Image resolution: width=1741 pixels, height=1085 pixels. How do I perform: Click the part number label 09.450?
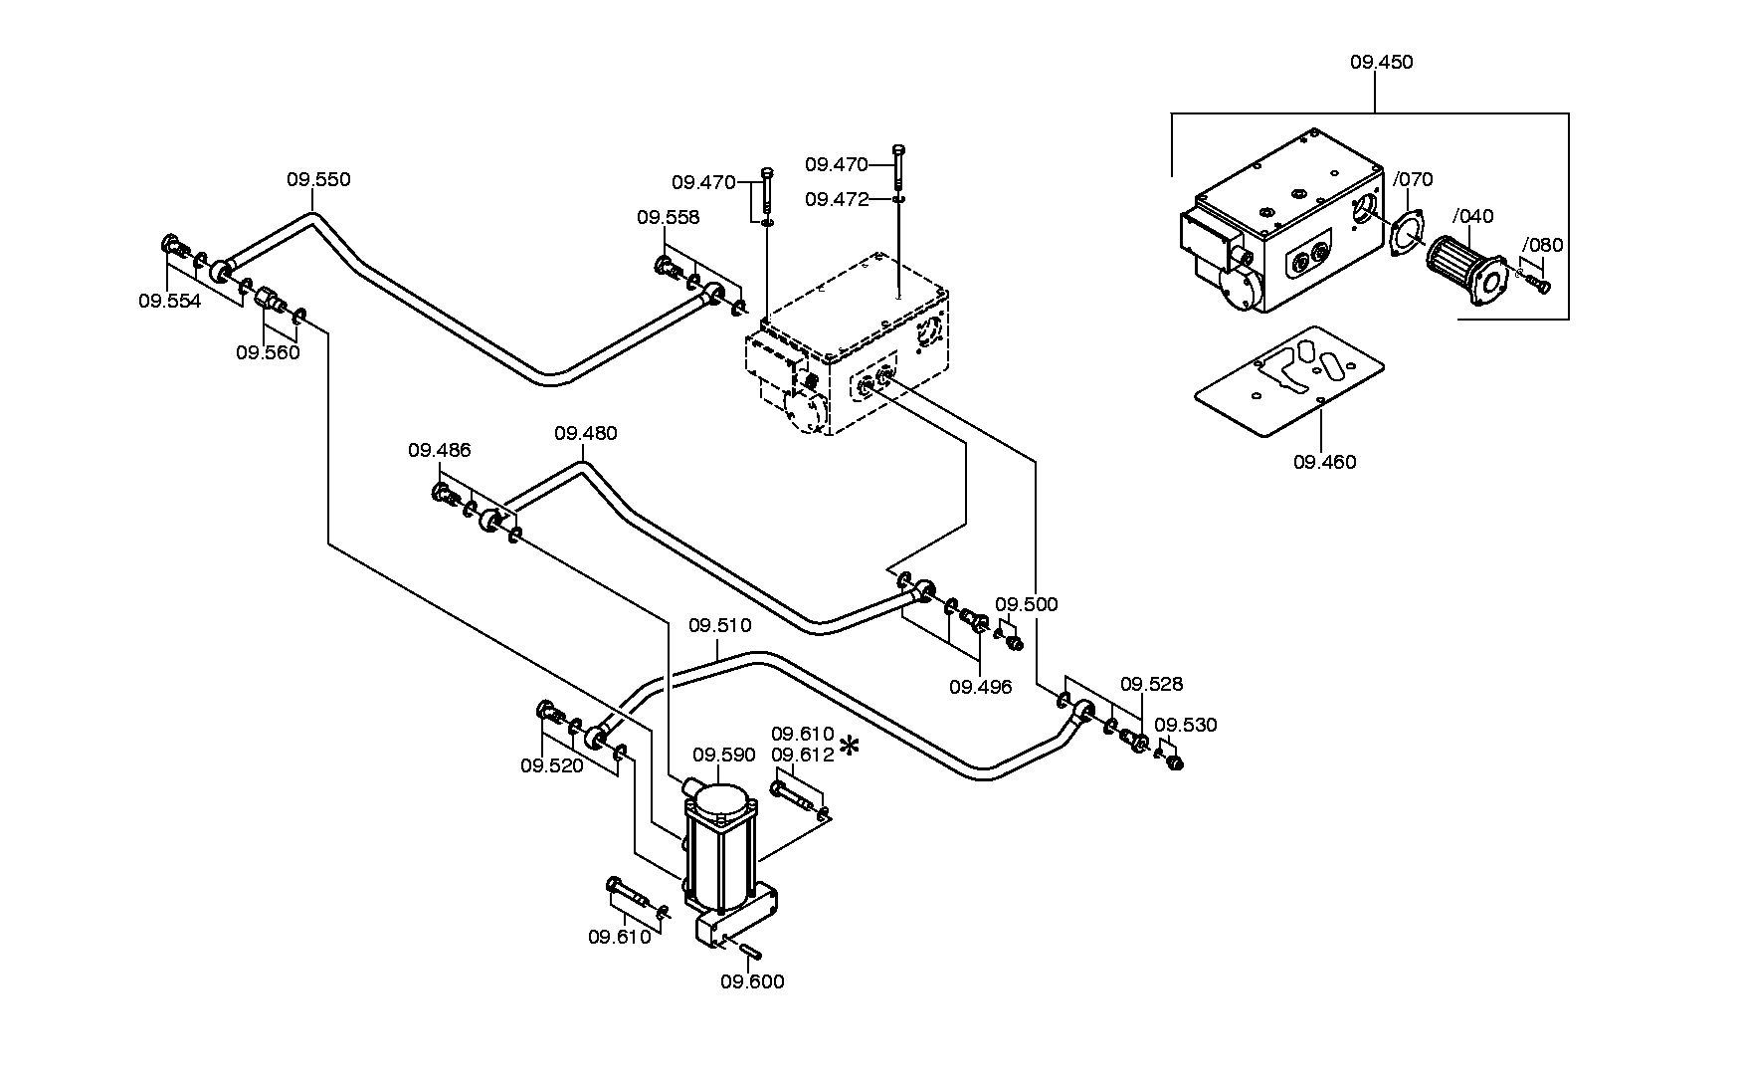[1381, 62]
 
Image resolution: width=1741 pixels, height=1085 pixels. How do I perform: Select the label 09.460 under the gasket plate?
[1324, 462]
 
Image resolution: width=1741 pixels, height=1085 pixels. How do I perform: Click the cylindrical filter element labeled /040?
[1461, 268]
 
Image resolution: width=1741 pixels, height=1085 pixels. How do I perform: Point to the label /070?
[1413, 180]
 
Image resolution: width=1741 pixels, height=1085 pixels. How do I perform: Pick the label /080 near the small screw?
[1543, 246]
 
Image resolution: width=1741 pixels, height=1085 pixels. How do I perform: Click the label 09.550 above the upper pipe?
[318, 180]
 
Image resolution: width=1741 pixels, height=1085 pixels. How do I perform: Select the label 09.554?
[170, 301]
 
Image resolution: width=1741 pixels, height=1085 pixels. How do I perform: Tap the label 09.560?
[268, 352]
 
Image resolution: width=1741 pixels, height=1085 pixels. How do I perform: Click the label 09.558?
[669, 217]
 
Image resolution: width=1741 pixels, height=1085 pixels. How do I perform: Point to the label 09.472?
[837, 199]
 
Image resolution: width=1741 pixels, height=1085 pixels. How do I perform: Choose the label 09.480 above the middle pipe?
[586, 433]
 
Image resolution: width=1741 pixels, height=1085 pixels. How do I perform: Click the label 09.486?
[440, 450]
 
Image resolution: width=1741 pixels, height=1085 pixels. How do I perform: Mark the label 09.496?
[980, 687]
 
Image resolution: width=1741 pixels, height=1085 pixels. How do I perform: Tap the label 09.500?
[1027, 604]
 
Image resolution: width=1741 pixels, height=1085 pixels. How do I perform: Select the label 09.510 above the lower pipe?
[720, 626]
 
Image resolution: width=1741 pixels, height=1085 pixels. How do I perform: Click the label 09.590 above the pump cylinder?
[724, 755]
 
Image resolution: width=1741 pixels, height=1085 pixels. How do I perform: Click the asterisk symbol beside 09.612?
[850, 747]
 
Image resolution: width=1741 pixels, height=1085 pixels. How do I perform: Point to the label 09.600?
[752, 981]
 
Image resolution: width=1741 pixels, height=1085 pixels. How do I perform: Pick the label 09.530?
[1186, 725]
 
